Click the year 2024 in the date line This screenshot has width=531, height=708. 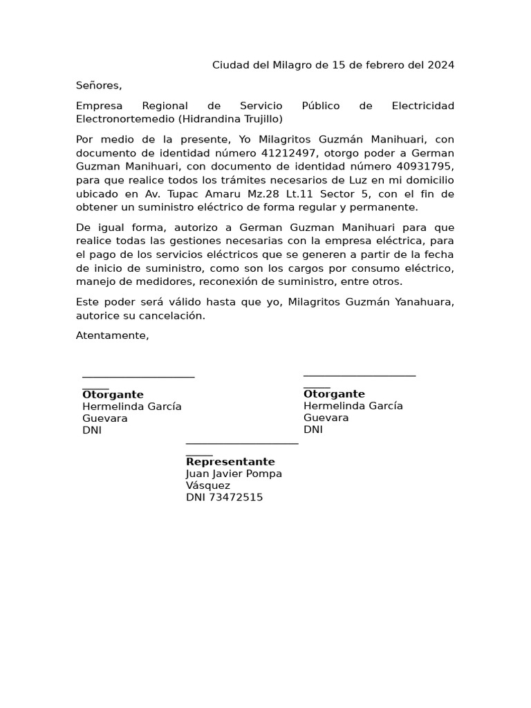[441, 66]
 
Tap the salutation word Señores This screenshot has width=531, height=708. [98, 86]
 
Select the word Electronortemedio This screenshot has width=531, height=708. [124, 119]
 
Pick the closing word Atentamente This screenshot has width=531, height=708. [112, 336]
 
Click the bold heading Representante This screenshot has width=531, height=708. [230, 462]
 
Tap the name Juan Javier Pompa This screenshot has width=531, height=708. [234, 474]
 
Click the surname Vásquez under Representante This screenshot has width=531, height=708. [208, 485]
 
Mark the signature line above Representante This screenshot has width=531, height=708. [242, 443]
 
